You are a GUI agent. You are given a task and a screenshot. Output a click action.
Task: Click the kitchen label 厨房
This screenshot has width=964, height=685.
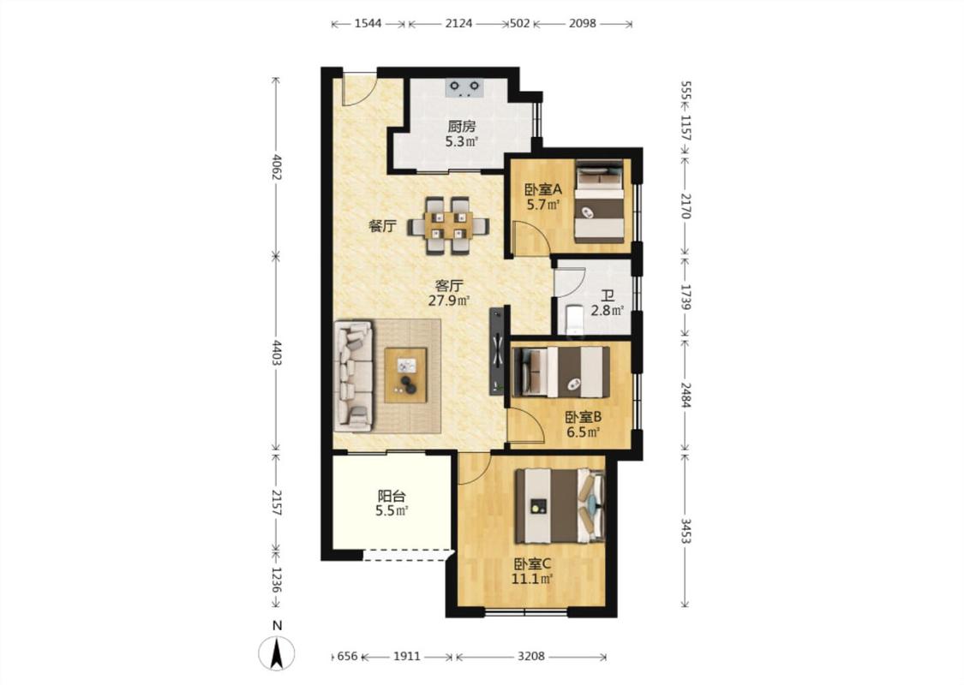point(461,127)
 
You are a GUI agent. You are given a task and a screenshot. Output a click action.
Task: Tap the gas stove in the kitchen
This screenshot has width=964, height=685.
point(464,88)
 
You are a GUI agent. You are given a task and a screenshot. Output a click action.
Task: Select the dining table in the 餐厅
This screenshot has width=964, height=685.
point(448,225)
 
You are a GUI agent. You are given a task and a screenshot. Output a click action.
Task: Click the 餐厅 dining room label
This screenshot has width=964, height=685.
point(382,226)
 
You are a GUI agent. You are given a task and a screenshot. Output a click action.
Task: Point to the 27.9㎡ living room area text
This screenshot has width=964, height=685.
point(449,301)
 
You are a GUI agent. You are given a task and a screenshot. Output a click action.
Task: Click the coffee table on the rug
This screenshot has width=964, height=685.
point(406,375)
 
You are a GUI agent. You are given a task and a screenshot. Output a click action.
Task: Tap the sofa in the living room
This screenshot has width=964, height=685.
point(354,375)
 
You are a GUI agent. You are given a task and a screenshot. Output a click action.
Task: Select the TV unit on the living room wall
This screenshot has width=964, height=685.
point(497,350)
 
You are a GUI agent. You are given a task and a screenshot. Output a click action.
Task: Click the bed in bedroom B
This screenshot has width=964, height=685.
point(560,372)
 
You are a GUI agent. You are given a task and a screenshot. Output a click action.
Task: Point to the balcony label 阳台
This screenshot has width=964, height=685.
point(391,496)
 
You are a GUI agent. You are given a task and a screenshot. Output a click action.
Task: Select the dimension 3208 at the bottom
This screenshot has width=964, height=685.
point(530,656)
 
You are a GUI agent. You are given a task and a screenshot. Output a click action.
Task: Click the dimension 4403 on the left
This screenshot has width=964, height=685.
point(276,353)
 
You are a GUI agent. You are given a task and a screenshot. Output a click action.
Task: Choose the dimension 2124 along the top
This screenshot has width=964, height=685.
point(458,23)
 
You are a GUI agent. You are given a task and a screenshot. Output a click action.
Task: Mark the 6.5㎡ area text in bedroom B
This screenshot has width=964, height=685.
point(583,432)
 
